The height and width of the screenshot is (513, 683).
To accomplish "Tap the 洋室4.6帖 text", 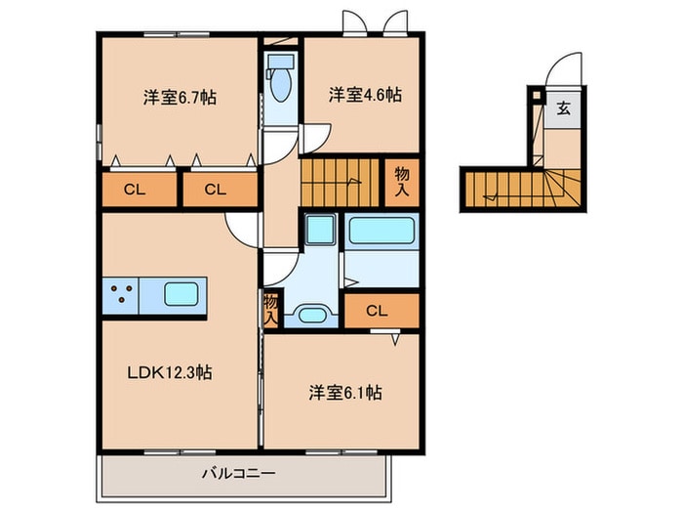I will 364,95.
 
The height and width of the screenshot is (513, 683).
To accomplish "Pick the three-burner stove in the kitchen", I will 122,294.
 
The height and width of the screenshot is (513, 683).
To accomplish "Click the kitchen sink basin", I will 182,293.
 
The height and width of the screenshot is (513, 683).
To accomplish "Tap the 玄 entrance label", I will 563,107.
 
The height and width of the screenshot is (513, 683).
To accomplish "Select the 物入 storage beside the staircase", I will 401,181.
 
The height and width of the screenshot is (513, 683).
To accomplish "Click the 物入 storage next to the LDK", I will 270,311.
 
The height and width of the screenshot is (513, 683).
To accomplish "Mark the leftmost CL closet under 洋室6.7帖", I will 137,190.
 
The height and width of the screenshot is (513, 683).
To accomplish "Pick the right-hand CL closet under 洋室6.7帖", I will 219,190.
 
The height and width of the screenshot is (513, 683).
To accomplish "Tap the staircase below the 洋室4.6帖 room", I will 338,181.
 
